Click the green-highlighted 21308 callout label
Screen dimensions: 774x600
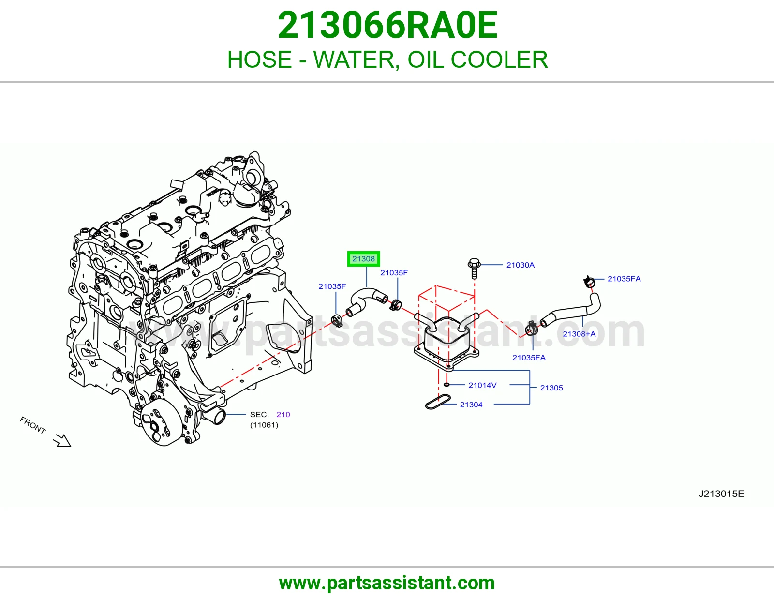click(363, 259)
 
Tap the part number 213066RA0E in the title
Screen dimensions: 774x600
click(387, 25)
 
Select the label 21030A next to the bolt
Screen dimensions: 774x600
click(521, 265)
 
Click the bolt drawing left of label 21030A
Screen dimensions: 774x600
click(474, 269)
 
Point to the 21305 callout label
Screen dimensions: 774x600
click(551, 388)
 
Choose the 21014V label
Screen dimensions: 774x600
click(482, 385)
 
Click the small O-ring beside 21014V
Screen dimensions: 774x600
click(447, 385)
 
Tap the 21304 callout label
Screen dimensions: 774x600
click(471, 405)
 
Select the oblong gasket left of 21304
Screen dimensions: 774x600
click(438, 402)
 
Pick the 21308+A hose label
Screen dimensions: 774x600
click(579, 334)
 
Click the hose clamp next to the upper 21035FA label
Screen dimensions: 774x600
click(589, 282)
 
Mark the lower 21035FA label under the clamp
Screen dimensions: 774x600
click(529, 358)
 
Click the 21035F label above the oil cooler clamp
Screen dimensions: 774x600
click(394, 272)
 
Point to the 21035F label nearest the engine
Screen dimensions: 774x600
click(332, 286)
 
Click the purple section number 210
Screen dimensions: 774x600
click(283, 414)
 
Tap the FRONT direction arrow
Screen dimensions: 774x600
click(62, 441)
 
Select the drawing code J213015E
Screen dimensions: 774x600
click(721, 494)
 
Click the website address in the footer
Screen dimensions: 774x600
click(387, 583)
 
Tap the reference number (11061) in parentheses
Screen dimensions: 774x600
click(264, 425)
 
